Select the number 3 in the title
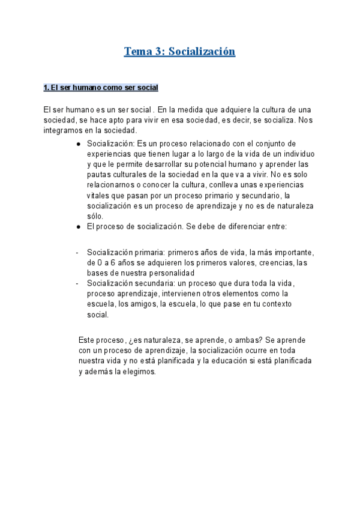point(161,52)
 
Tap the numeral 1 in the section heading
point(46,88)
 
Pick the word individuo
point(294,154)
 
